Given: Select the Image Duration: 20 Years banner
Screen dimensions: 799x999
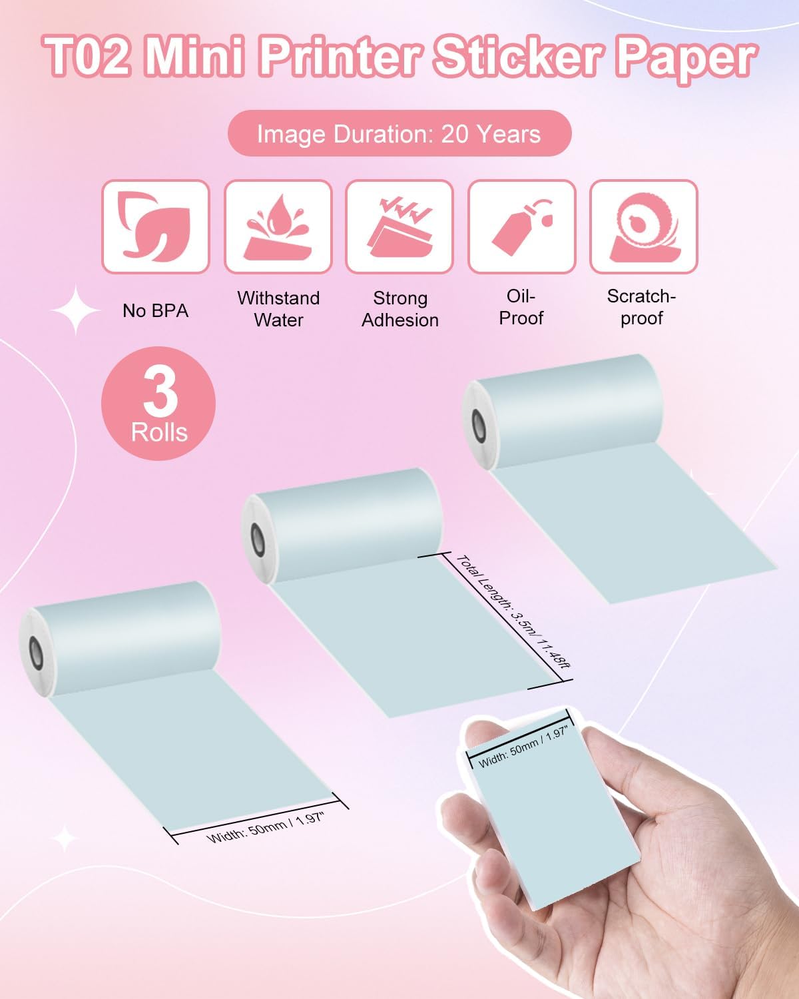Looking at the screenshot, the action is (x=400, y=134).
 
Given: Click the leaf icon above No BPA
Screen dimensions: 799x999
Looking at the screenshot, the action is (x=156, y=226).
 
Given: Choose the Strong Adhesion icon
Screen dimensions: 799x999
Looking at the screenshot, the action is (x=400, y=226).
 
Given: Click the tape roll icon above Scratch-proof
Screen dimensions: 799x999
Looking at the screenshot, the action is (x=643, y=228).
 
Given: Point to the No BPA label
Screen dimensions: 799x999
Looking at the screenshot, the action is (x=156, y=310).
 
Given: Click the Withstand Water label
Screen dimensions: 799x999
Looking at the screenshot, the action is (x=278, y=309).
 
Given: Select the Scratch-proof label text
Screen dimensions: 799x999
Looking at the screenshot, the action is (x=642, y=307).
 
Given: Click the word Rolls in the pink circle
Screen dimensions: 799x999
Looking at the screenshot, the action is (x=159, y=433).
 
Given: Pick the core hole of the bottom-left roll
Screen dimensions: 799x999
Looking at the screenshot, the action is (x=36, y=653).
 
